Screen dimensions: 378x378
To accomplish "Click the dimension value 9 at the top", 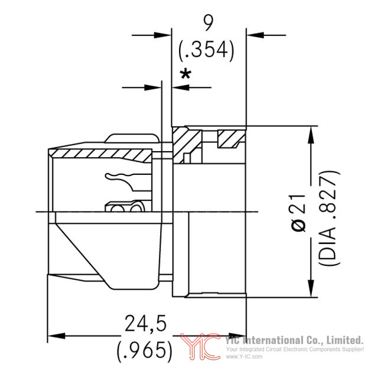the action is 208,23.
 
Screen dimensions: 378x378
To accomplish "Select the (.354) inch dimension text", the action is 206,50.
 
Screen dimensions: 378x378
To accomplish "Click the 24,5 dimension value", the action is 146,323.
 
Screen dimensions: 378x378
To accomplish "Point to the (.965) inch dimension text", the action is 145,350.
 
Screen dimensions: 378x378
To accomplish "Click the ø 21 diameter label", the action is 299,212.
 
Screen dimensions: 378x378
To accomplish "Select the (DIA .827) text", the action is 328,218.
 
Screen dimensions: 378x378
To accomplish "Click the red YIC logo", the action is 201,347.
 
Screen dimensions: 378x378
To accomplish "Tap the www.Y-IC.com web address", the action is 244,357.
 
